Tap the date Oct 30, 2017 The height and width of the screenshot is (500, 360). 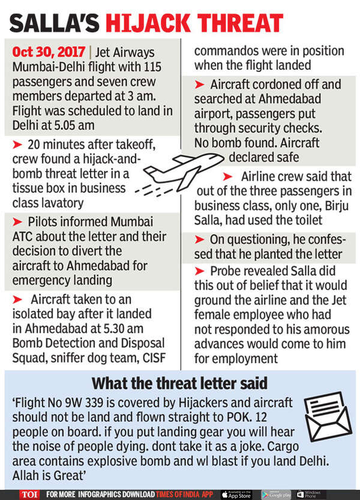click(x=49, y=52)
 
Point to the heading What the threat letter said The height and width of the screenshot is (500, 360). click(x=180, y=383)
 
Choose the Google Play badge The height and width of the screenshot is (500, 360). click(x=278, y=494)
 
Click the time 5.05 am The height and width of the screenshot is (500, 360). click(x=76, y=125)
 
